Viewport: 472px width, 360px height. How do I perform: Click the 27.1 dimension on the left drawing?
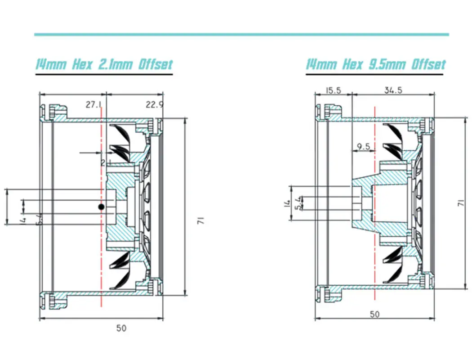pyautogui.click(x=94, y=105)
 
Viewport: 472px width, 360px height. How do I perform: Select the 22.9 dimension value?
pyautogui.click(x=154, y=105)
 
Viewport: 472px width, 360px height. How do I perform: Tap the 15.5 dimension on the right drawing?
pyautogui.click(x=333, y=90)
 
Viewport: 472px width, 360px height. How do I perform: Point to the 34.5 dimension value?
pyautogui.click(x=393, y=90)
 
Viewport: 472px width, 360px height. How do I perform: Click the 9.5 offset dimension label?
pyautogui.click(x=363, y=146)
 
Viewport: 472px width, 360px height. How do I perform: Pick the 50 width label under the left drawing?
pyautogui.click(x=121, y=328)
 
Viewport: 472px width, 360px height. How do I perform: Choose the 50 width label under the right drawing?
pyautogui.click(x=374, y=314)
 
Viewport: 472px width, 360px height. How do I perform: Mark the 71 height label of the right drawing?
pyautogui.click(x=460, y=203)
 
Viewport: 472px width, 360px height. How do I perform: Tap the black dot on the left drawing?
pyautogui.click(x=102, y=207)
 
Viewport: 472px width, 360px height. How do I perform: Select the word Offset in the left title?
pyautogui.click(x=155, y=64)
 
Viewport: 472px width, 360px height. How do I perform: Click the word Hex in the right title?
pyautogui.click(x=352, y=64)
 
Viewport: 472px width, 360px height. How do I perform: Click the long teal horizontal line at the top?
pyautogui.click(x=241, y=34)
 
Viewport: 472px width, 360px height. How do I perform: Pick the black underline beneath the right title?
pyautogui.click(x=376, y=74)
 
